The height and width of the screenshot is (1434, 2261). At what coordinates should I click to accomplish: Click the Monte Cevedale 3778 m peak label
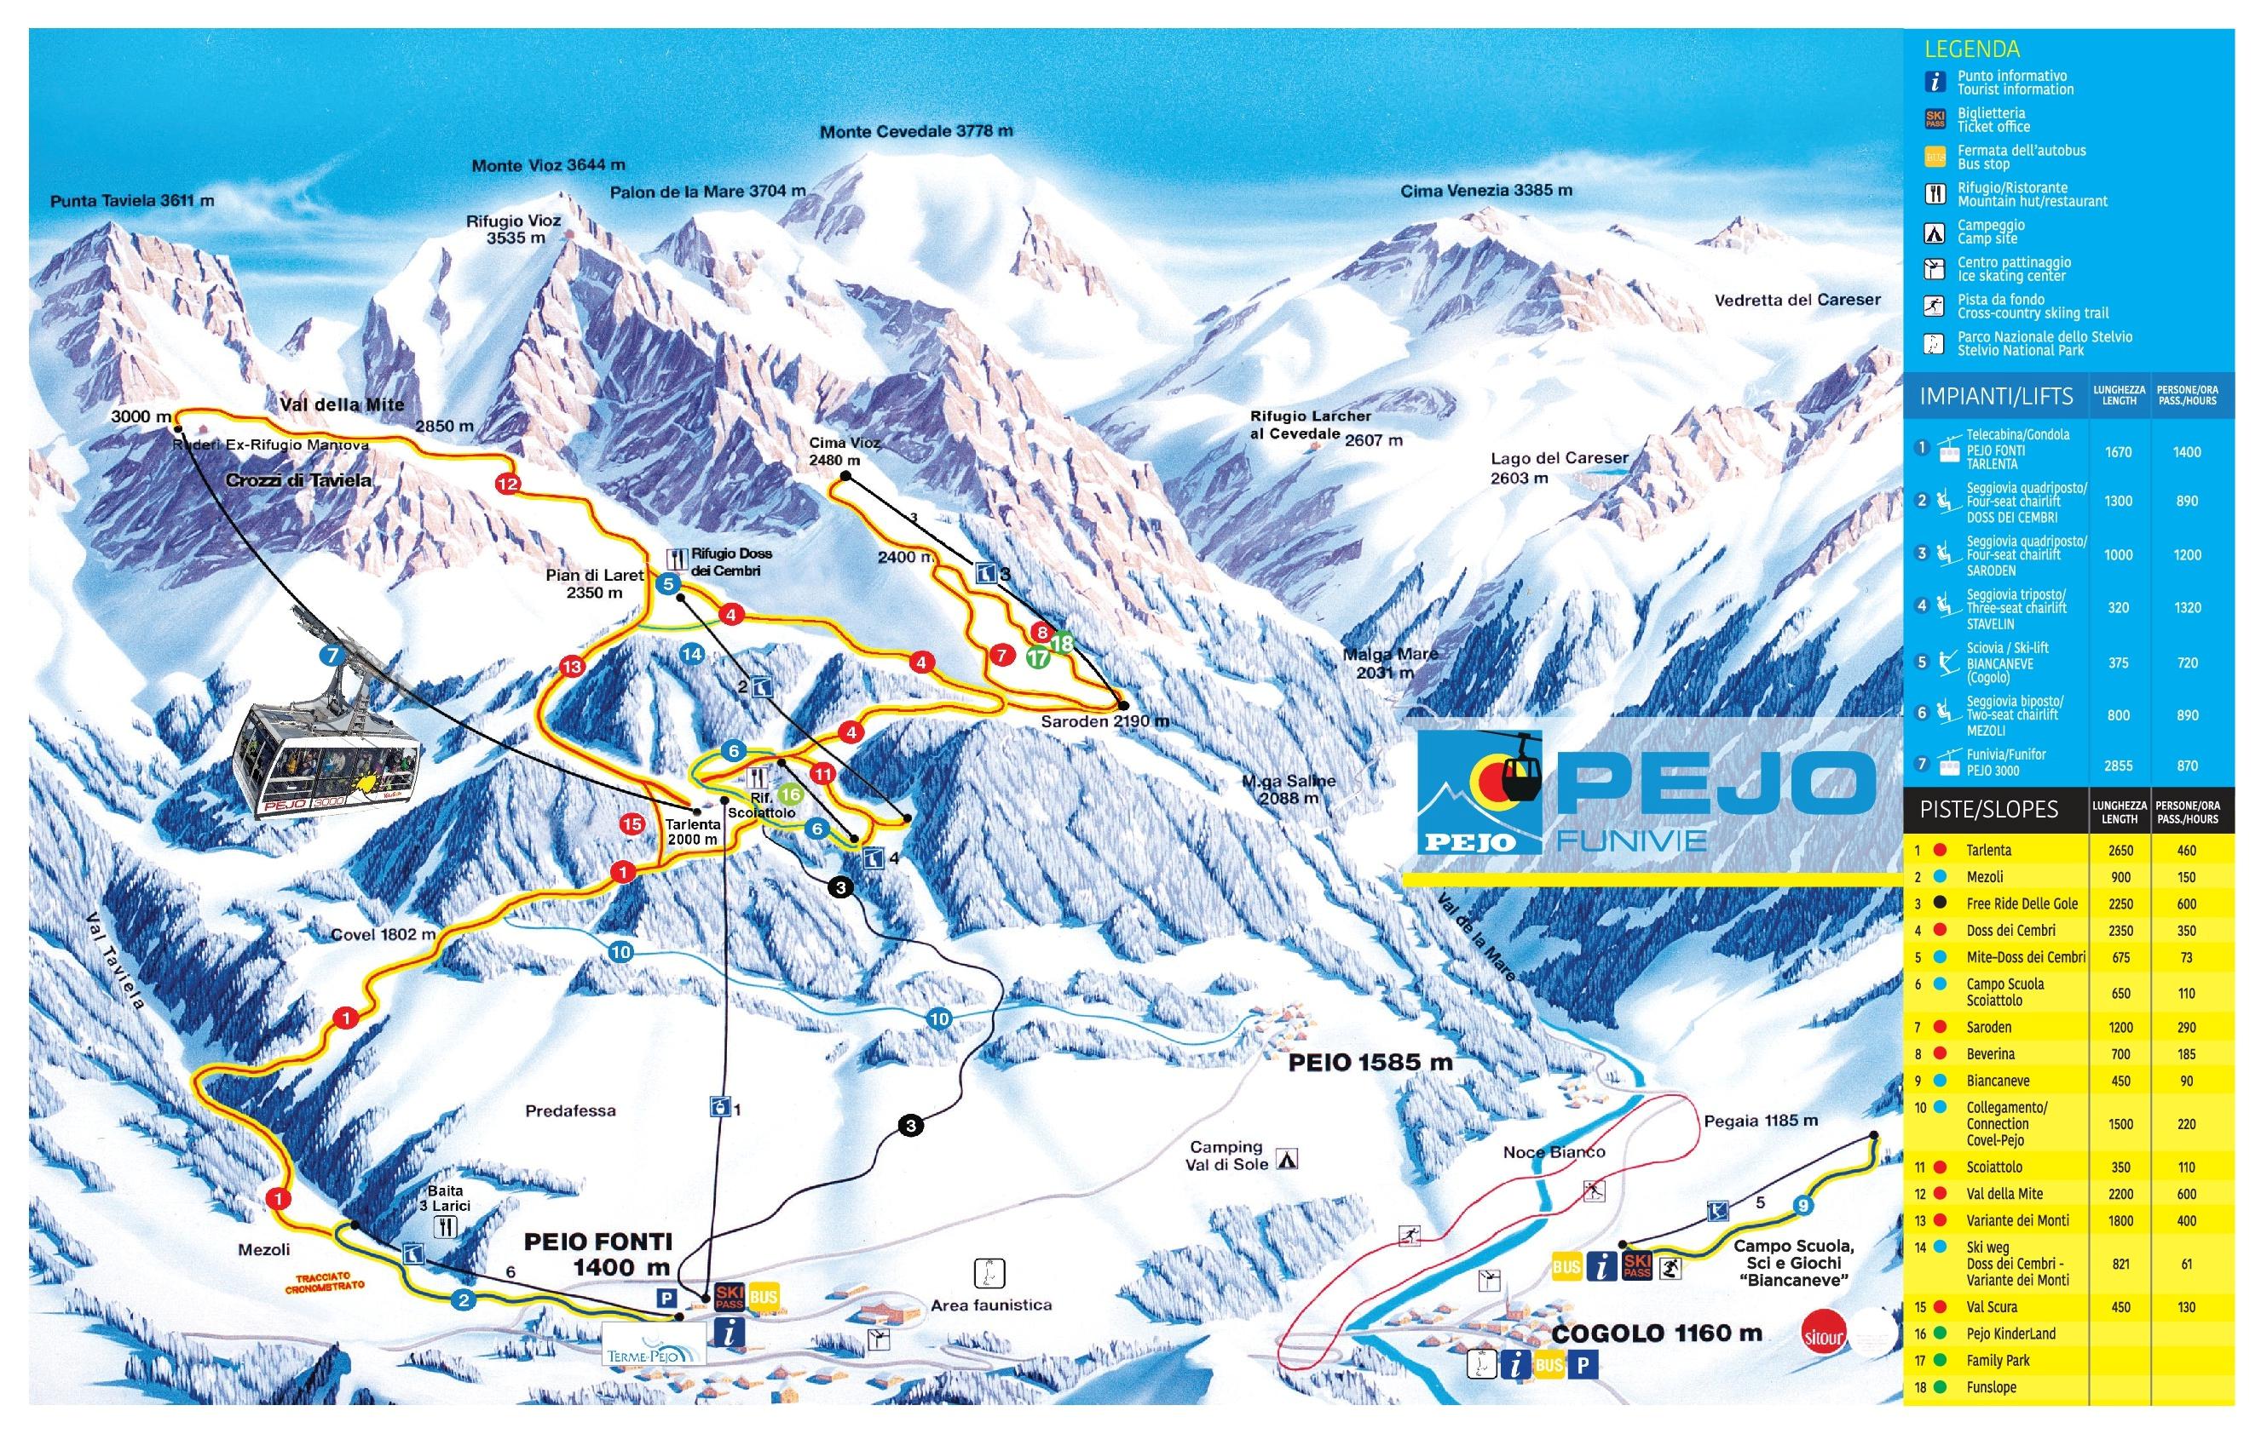pyautogui.click(x=915, y=131)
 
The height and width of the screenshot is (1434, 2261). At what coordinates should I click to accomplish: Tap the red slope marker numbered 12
pyautogui.click(x=508, y=485)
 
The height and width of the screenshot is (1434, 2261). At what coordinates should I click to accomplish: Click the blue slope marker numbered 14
pyautogui.click(x=692, y=654)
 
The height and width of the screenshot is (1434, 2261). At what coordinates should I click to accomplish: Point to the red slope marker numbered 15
pyautogui.click(x=632, y=824)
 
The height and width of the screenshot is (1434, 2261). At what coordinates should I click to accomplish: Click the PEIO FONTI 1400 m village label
pyautogui.click(x=598, y=1253)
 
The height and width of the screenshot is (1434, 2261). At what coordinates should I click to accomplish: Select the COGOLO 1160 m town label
pyautogui.click(x=1656, y=1334)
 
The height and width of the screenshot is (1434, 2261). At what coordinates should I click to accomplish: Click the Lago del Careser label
pyautogui.click(x=1559, y=467)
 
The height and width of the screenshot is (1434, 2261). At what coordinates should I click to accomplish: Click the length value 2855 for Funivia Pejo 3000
pyautogui.click(x=2119, y=766)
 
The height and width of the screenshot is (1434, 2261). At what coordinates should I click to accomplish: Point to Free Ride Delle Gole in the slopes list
pyautogui.click(x=2022, y=903)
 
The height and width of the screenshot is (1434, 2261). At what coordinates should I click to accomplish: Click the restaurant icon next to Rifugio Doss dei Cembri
pyautogui.click(x=676, y=558)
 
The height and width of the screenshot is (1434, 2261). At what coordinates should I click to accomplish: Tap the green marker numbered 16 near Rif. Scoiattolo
pyautogui.click(x=791, y=794)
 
